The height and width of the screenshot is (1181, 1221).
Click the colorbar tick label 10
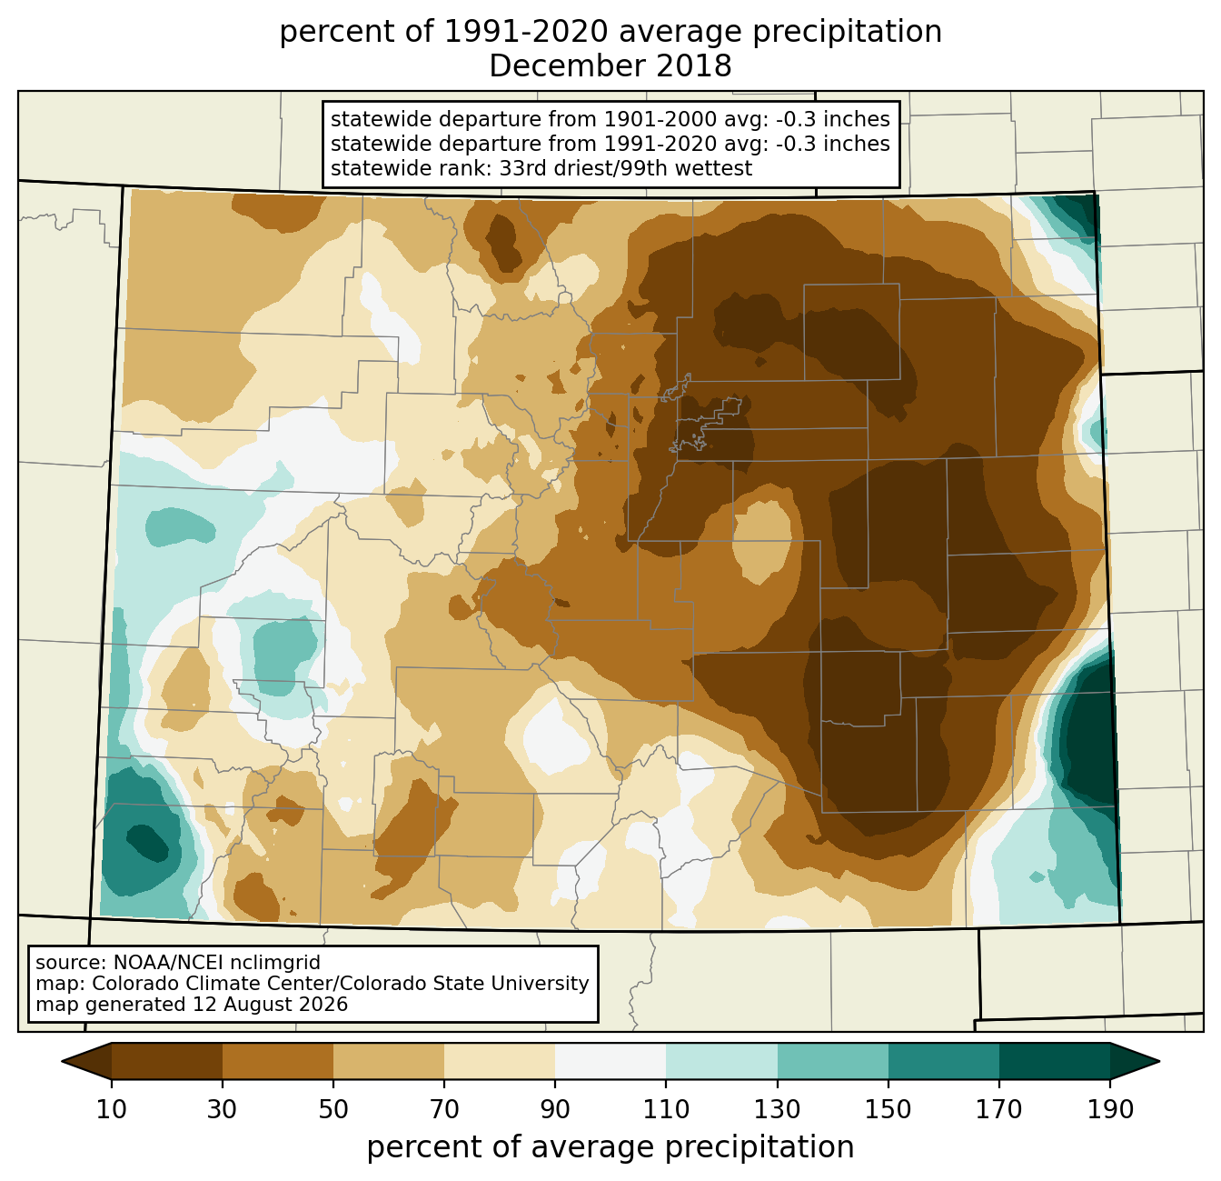pos(111,1110)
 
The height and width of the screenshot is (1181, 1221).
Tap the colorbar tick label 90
pos(555,1110)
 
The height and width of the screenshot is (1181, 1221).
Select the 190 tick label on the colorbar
pos(1109,1110)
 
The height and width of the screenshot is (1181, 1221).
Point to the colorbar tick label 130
pos(777,1110)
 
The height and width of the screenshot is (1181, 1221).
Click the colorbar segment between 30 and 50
pos(277,1062)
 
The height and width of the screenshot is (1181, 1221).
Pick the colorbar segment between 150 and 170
pos(943,1062)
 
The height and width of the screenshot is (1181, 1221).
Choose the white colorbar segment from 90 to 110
pos(610,1062)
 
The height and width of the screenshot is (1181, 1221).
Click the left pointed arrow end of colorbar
pos(86,1062)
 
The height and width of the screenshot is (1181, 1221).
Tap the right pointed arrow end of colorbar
pos(1135,1062)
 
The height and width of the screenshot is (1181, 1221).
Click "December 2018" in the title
pos(610,66)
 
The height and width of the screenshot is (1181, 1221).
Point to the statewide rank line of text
pos(541,168)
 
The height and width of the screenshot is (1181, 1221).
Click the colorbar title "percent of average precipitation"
pos(610,1147)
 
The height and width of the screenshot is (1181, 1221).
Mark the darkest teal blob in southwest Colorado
pos(147,843)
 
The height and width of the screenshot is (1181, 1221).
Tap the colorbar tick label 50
pos(333,1110)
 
